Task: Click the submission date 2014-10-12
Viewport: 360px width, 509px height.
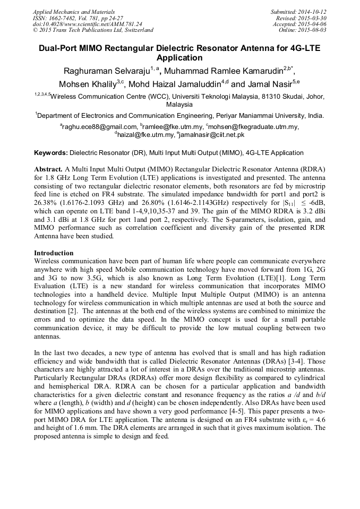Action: [x=311, y=11]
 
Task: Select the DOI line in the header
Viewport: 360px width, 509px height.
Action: [x=87, y=24]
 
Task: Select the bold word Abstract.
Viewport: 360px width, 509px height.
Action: [x=49, y=168]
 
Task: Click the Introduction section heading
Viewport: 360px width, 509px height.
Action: [x=54, y=253]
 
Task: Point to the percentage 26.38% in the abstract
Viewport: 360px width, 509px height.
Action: [x=46, y=202]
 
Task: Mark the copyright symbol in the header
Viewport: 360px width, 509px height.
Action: [x=36, y=30]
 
